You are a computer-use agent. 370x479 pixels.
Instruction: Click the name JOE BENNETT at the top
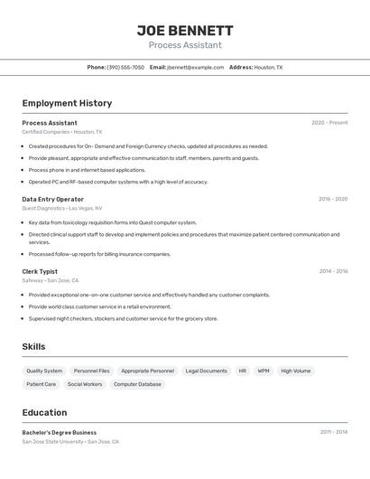[x=185, y=30]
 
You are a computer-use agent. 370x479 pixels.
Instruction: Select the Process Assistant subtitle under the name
[x=185, y=45]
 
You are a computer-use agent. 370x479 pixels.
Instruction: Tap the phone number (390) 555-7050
[x=125, y=67]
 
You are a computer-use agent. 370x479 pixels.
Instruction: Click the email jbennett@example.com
[x=195, y=67]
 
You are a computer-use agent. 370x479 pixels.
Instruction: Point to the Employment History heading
[x=67, y=103]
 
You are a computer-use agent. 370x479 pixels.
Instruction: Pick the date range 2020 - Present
[x=329, y=123]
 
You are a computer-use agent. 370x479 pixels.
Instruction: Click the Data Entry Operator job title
[x=52, y=199]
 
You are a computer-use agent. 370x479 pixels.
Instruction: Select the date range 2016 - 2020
[x=333, y=199]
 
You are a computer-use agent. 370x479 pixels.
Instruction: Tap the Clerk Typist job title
[x=40, y=271]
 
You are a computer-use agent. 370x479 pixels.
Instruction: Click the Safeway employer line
[x=50, y=280]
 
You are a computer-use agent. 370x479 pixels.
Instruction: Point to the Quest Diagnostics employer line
[x=63, y=208]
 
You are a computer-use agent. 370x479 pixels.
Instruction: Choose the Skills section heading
[x=33, y=347]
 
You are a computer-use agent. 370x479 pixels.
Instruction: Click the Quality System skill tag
[x=44, y=371]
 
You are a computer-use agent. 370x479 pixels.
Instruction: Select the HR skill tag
[x=242, y=371]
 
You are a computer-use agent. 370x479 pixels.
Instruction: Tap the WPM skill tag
[x=263, y=371]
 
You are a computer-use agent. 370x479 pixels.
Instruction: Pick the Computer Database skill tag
[x=137, y=384]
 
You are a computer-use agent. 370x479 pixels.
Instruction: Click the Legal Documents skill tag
[x=206, y=371]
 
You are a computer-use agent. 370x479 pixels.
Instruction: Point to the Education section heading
[x=44, y=412]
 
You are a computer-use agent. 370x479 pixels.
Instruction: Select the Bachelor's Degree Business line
[x=59, y=432]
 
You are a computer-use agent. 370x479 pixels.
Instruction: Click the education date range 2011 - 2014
[x=333, y=432]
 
